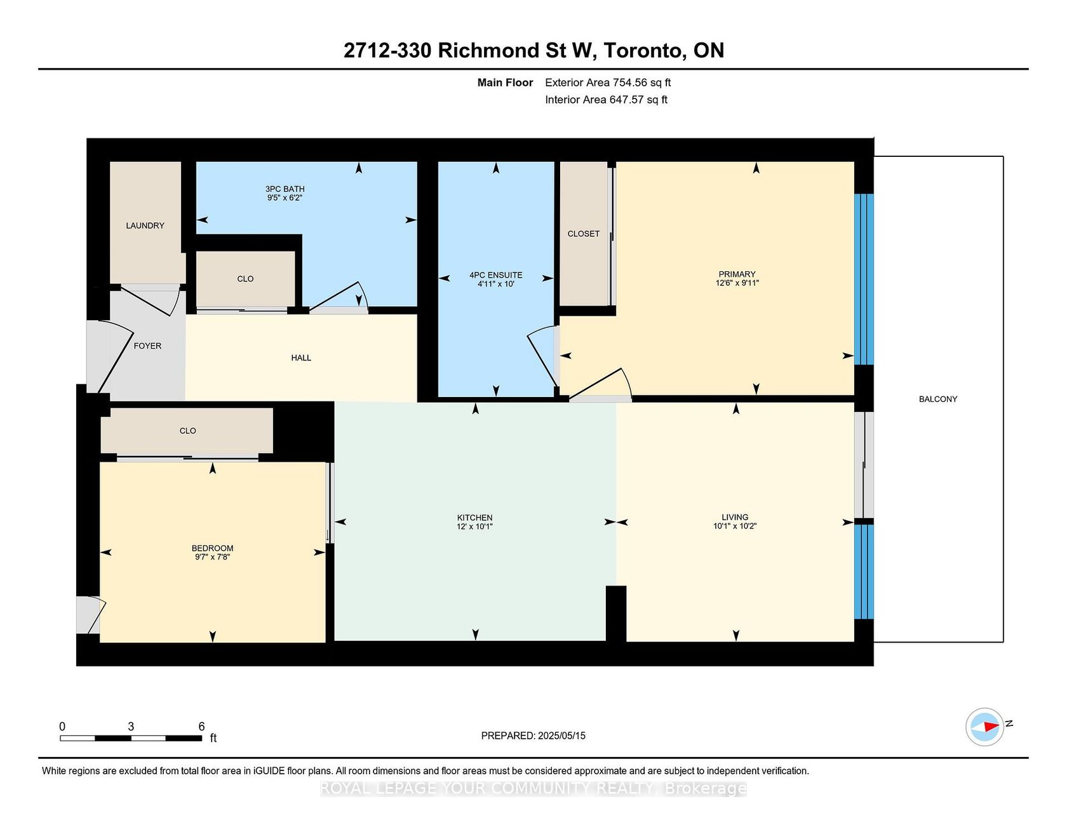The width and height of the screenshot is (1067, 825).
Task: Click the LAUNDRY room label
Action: click(x=145, y=225)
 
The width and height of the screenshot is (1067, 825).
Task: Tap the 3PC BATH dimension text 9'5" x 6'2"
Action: click(x=285, y=198)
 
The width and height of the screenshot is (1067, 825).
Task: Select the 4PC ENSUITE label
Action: click(x=496, y=275)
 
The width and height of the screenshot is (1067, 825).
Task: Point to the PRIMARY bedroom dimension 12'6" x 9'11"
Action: click(x=737, y=283)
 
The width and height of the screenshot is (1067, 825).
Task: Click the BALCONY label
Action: click(x=938, y=399)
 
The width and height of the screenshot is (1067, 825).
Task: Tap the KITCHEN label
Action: click(x=475, y=518)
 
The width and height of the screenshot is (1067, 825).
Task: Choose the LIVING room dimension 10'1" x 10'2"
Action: click(x=735, y=526)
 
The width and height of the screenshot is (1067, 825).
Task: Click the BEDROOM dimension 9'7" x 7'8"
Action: click(x=213, y=557)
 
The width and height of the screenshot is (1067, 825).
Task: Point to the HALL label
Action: click(x=301, y=358)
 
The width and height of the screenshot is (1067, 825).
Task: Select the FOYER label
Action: click(x=147, y=345)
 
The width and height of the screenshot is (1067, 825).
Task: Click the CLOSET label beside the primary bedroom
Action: click(x=584, y=234)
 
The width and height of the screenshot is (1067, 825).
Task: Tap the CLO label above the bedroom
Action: click(x=188, y=431)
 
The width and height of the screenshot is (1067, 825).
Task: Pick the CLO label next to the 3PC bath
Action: click(x=245, y=279)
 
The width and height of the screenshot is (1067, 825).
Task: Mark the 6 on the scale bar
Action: click(x=201, y=727)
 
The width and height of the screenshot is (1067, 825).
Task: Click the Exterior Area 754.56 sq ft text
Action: click(x=608, y=83)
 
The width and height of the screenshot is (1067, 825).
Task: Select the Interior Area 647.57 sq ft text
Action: click(x=606, y=100)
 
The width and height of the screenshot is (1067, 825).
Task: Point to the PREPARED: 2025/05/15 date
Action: click(x=533, y=735)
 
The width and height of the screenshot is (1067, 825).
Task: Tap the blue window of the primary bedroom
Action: click(x=864, y=279)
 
